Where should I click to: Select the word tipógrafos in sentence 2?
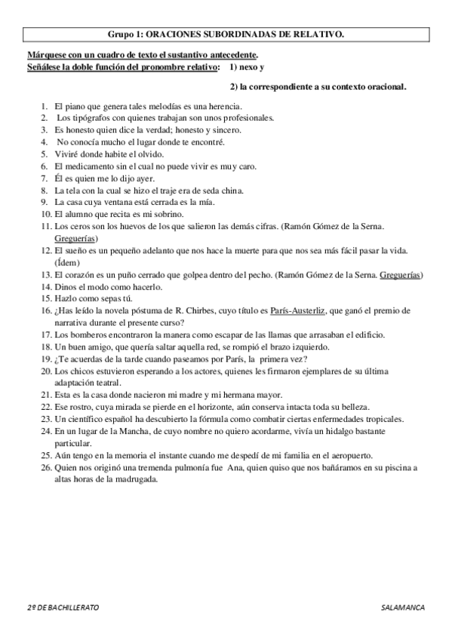pyautogui.click(x=95, y=118)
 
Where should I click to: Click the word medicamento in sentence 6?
pyautogui.click(x=97, y=166)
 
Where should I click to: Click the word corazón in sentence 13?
pyautogui.click(x=84, y=274)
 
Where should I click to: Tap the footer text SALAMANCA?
pyautogui.click(x=404, y=607)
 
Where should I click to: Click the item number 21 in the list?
pyautogui.click(x=46, y=395)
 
